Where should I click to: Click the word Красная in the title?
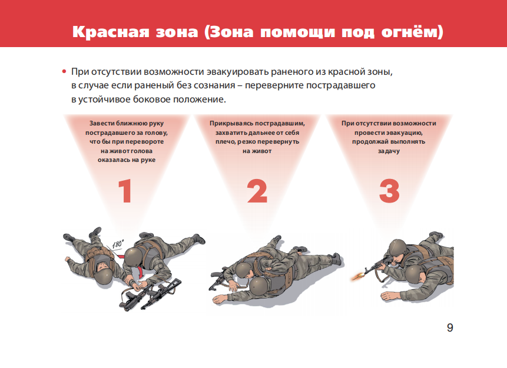click(x=111, y=32)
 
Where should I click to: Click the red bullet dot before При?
click(x=64, y=71)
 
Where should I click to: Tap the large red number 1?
click(x=125, y=191)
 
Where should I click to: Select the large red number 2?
click(x=257, y=191)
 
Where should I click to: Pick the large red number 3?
click(x=389, y=191)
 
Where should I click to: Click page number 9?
click(x=450, y=327)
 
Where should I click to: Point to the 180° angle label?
click(x=118, y=244)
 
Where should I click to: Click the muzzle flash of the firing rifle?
click(x=357, y=277)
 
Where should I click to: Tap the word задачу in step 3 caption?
click(x=389, y=151)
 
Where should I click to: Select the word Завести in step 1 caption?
click(x=102, y=123)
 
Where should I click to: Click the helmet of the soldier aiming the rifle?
click(x=397, y=248)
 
